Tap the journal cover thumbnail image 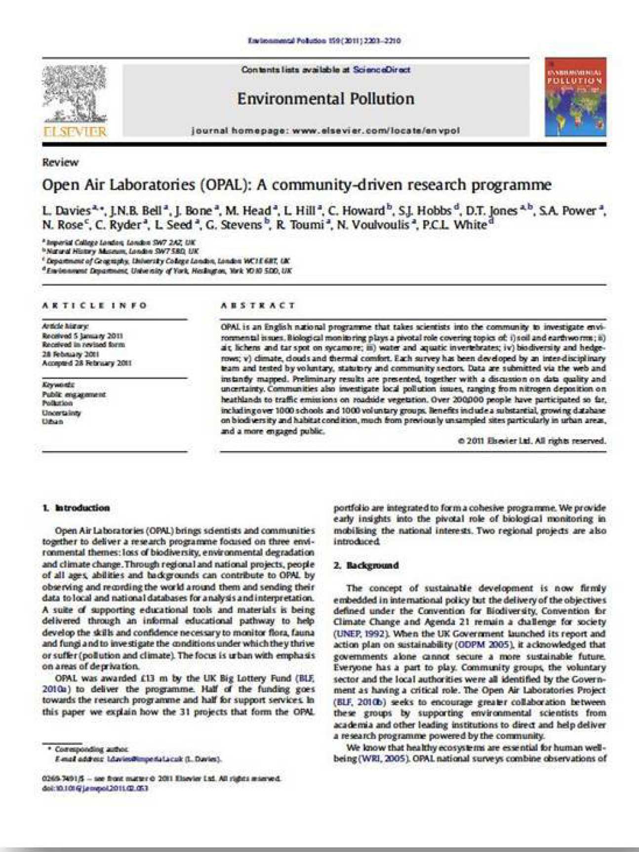[575, 97]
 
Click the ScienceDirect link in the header [381, 70]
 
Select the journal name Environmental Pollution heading [325, 99]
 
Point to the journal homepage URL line [325, 131]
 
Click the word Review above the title [60, 163]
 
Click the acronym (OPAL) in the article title [226, 185]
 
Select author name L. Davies [66, 211]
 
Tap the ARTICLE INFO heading [94, 305]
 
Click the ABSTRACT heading [258, 305]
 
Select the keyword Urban [52, 422]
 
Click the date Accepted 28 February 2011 [86, 363]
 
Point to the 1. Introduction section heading [76, 508]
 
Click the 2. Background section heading [366, 565]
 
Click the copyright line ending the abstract [531, 441]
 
